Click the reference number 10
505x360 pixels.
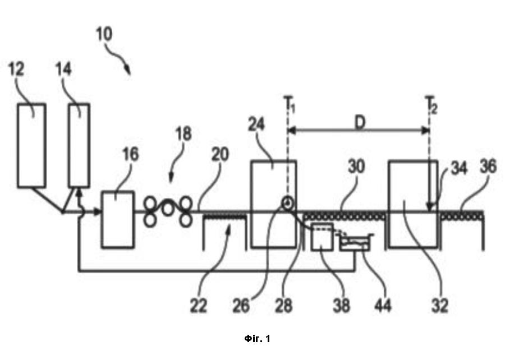[x=104, y=34]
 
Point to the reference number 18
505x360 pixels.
[x=183, y=133]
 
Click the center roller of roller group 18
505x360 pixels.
[x=167, y=209]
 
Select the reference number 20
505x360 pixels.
[x=220, y=155]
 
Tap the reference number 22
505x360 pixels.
[x=199, y=305]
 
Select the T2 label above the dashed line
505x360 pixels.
[x=431, y=104]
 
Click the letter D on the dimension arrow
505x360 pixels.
[x=360, y=122]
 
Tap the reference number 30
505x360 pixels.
[x=356, y=167]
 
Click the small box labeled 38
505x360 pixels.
[x=322, y=236]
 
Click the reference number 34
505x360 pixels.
[x=458, y=168]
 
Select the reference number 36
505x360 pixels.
[x=488, y=167]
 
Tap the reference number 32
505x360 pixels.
[x=440, y=305]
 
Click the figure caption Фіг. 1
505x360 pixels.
[x=258, y=339]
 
